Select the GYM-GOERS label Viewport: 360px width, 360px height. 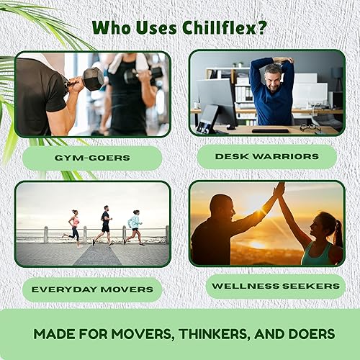(x=91, y=158)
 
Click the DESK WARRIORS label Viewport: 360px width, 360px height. (x=267, y=156)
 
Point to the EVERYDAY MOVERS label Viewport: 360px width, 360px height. (x=91, y=289)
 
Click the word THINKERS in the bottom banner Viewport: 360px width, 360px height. (x=224, y=334)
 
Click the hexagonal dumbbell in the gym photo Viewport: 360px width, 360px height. (x=93, y=78)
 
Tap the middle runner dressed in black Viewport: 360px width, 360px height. (x=104, y=225)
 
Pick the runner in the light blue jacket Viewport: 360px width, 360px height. (x=134, y=227)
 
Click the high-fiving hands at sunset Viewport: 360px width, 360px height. (x=279, y=190)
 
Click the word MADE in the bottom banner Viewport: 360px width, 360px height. (x=55, y=334)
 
